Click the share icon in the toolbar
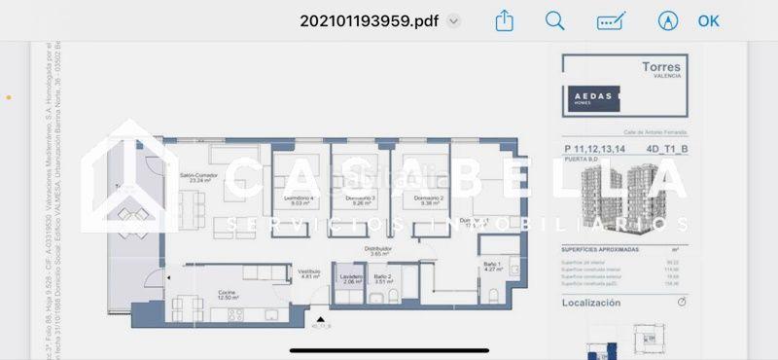[x=504, y=20]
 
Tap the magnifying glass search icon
[x=555, y=20]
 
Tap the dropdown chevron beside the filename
[x=454, y=20]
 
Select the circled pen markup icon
[x=667, y=20]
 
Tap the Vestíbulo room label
[x=309, y=274]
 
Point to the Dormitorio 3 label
[x=360, y=200]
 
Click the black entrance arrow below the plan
[x=320, y=318]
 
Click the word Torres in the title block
[x=661, y=67]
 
